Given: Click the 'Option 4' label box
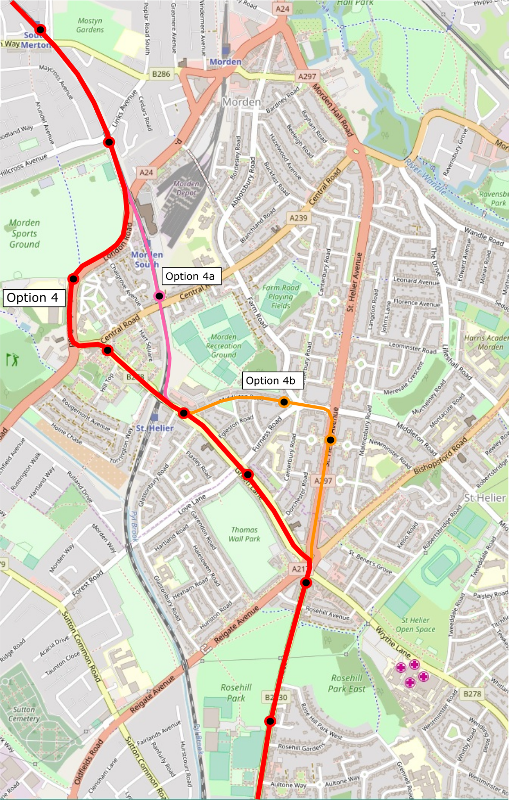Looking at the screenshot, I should [34, 298].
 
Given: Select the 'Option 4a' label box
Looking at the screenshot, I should [190, 276].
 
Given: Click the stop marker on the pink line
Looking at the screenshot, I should [159, 296].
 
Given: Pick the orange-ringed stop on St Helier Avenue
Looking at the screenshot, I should [331, 439].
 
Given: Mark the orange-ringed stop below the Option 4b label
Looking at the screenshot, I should [284, 402].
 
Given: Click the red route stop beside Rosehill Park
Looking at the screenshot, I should [270, 721].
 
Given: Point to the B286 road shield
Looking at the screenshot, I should [161, 74].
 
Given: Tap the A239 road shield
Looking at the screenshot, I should [298, 218].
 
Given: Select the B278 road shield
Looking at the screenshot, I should [472, 693].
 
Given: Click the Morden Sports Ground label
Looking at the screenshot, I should [24, 233].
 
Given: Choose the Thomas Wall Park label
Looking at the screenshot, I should [244, 534].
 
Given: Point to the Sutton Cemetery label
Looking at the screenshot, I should [24, 714].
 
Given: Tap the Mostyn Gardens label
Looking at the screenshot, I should [90, 25].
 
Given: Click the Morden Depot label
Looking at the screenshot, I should [186, 188].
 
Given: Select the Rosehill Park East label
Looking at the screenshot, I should [347, 683].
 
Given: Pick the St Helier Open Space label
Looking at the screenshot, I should [418, 625].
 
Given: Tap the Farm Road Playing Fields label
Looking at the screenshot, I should [281, 296].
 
